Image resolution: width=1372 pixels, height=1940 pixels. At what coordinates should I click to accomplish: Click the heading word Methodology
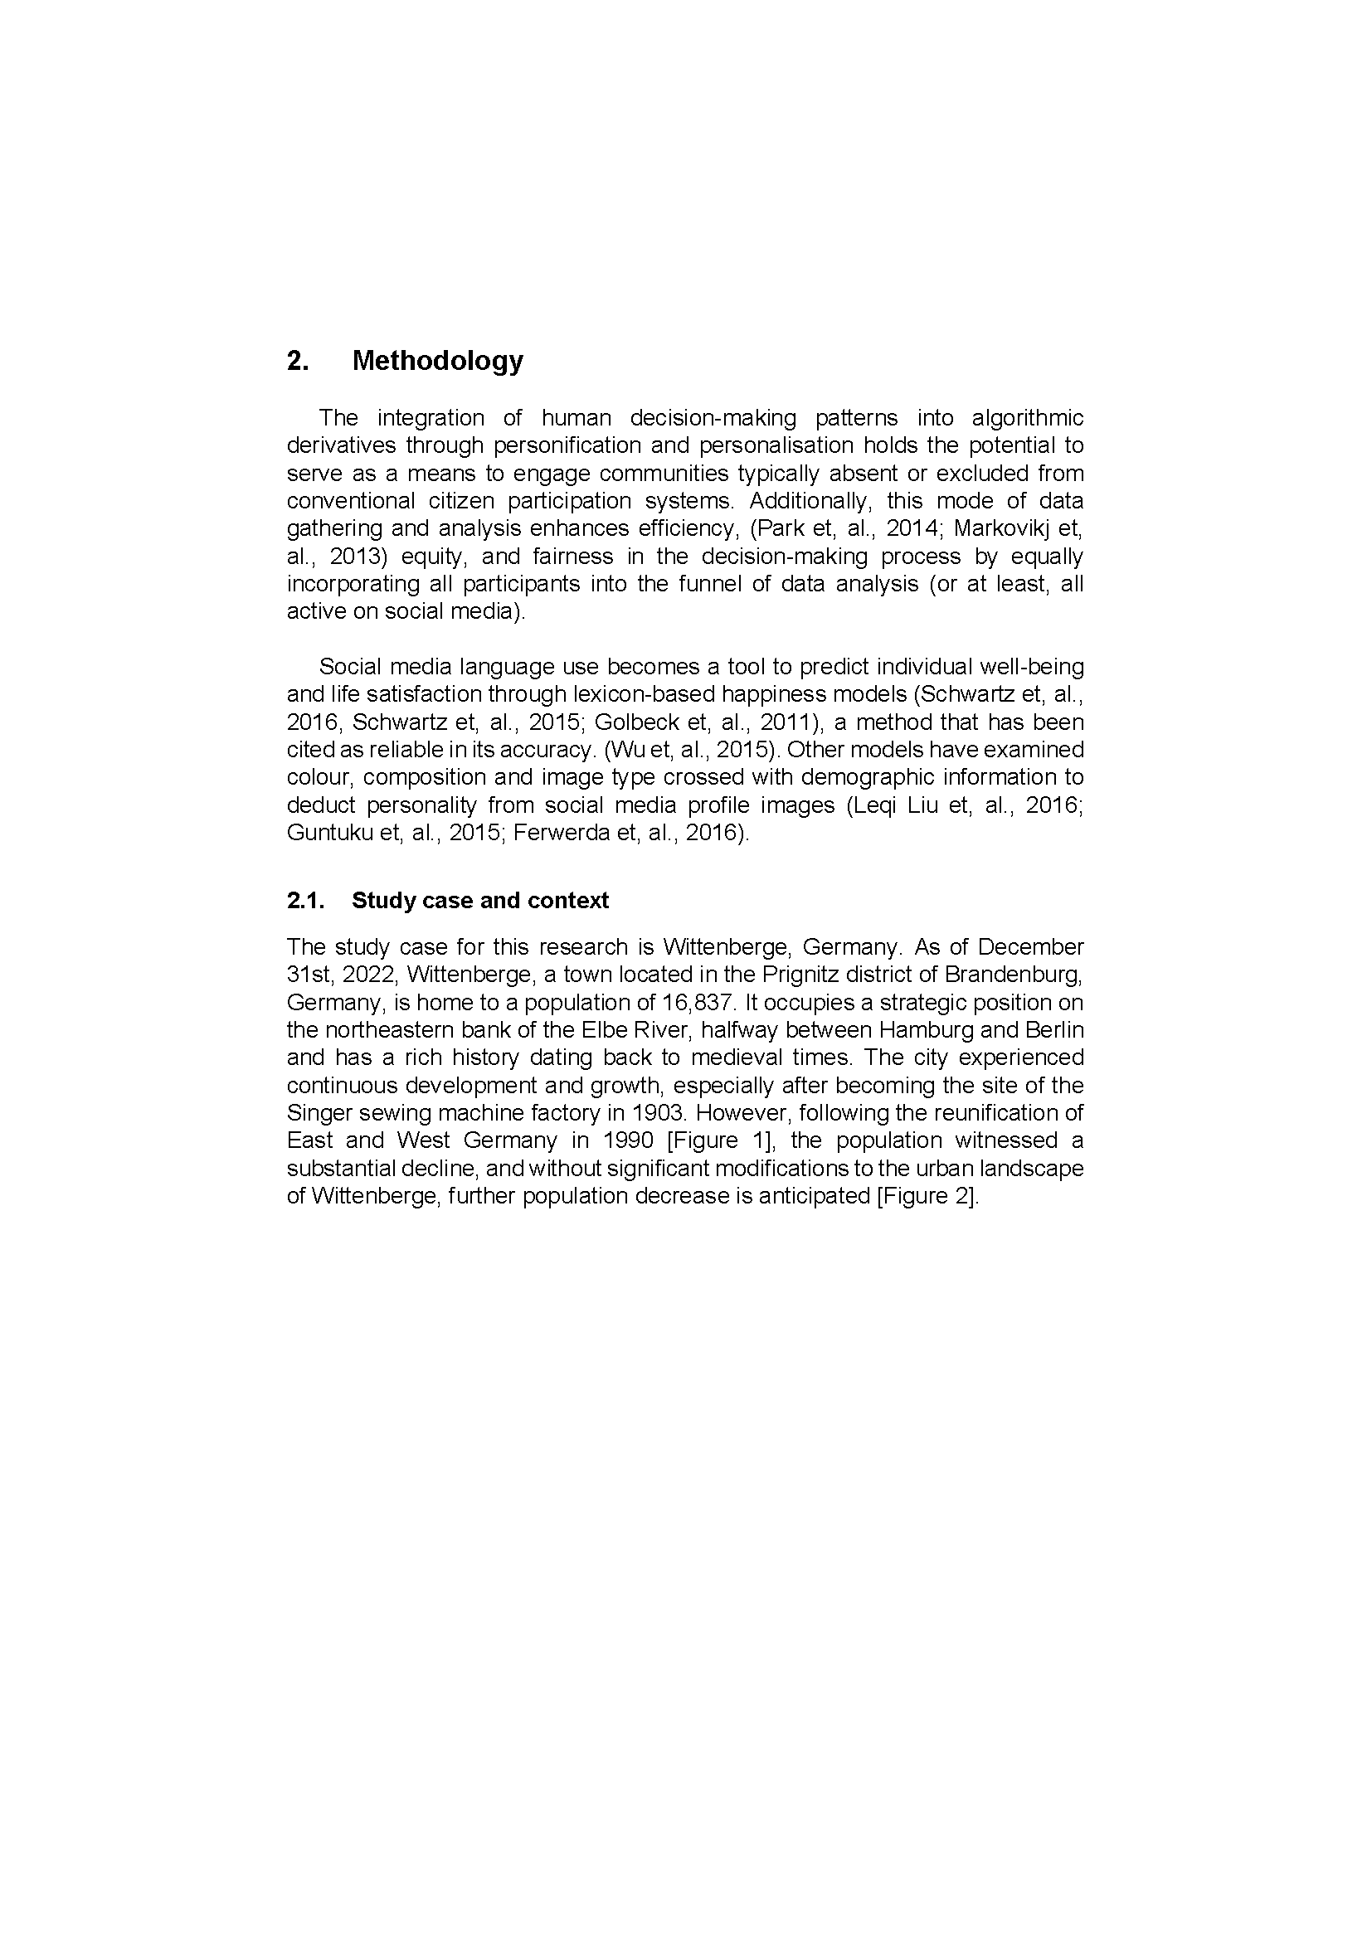pos(437,361)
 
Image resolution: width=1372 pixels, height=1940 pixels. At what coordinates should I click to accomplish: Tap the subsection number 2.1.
pos(305,901)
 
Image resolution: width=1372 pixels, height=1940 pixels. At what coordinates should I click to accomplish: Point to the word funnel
pos(707,584)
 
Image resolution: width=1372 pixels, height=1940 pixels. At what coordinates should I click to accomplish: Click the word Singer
pos(315,1113)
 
